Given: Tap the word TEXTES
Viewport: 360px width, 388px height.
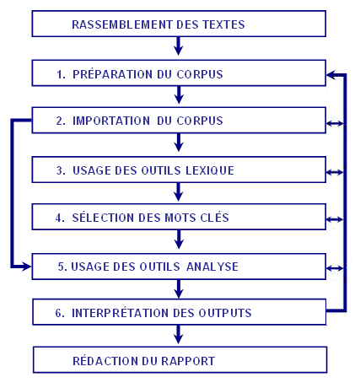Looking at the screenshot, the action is tap(223, 24).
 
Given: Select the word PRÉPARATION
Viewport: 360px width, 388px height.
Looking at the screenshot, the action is tap(112, 74).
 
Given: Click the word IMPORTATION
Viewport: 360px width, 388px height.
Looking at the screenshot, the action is tap(111, 121).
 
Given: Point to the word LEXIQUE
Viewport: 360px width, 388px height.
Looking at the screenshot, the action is tap(210, 170).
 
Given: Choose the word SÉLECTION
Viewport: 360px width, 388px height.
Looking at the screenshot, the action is tap(104, 218).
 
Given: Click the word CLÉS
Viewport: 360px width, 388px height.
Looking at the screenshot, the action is tap(214, 218).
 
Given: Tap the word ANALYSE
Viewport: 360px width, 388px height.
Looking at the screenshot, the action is tap(212, 267).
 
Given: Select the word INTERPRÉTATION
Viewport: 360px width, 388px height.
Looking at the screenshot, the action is tap(121, 313).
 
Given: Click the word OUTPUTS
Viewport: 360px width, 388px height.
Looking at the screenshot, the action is tap(225, 313).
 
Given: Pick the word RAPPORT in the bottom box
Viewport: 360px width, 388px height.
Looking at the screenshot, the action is tap(188, 361).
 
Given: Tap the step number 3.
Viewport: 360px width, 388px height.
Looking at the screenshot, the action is tap(61, 170).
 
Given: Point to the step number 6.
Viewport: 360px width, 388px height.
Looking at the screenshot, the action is tap(59, 313).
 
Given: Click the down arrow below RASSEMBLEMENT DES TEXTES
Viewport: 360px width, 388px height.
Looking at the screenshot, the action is tap(179, 46).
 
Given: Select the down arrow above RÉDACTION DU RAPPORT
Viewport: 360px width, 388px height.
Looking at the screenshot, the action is tap(179, 334).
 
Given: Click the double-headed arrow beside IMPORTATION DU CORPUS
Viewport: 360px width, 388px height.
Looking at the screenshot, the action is tap(335, 123).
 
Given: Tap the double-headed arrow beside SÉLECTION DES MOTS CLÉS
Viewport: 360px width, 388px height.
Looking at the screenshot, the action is tap(335, 219).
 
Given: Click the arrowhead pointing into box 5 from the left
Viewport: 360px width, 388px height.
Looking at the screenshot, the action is tap(27, 267).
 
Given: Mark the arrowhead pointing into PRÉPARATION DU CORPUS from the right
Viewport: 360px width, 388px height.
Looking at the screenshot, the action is tap(331, 75).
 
